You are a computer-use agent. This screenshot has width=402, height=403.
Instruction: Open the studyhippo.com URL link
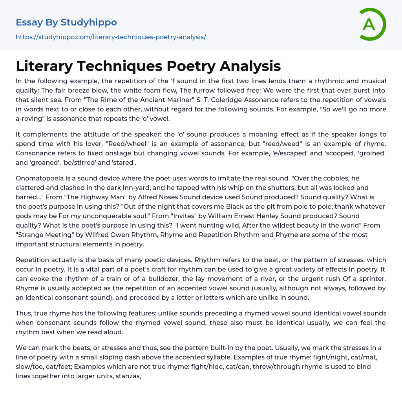[111, 37]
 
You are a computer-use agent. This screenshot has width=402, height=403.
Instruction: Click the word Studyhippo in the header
[89, 22]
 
